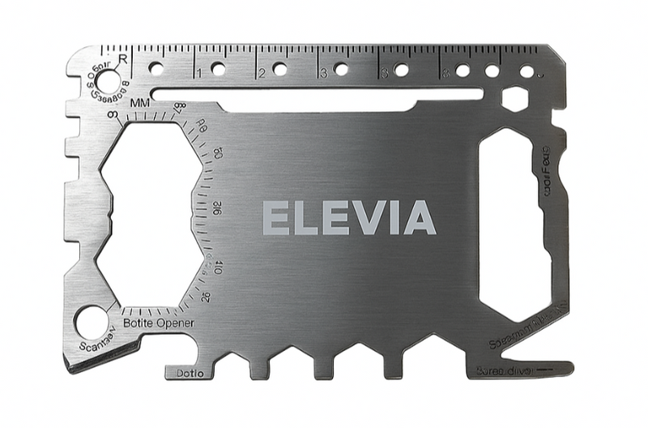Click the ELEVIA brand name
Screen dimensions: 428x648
click(x=349, y=218)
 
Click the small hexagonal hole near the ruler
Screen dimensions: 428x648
click(x=514, y=100)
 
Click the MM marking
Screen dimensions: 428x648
click(x=139, y=103)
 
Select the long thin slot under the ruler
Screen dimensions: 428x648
click(x=316, y=94)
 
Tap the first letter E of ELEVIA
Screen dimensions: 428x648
click(x=276, y=218)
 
